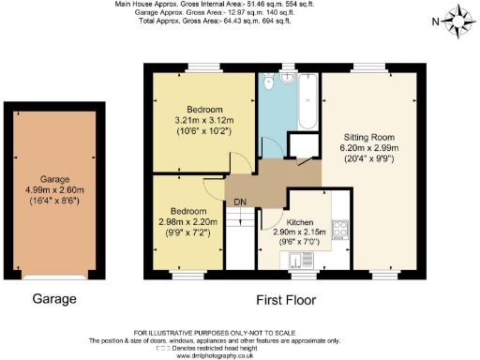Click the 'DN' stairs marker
point(240,201)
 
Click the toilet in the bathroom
point(270,82)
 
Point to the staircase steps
point(242,239)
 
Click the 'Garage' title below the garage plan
point(53,300)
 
